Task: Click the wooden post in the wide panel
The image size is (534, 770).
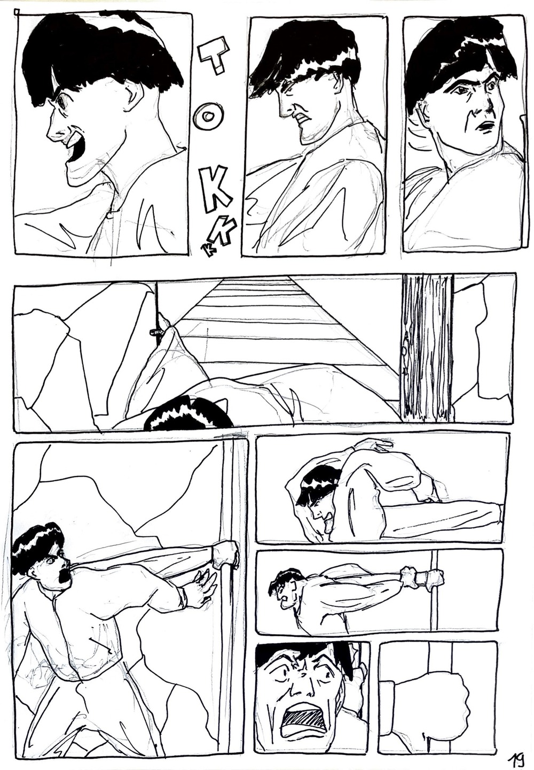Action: tap(427, 347)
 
